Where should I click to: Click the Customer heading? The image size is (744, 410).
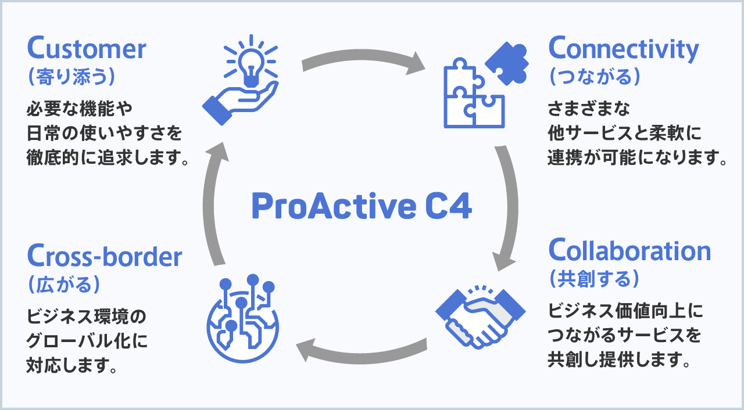[x=87, y=48]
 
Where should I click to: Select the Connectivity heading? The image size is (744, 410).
[x=624, y=49]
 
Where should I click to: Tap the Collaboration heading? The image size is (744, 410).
[x=629, y=250]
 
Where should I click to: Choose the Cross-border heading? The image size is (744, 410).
[x=105, y=256]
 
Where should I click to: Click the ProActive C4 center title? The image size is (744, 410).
[x=362, y=206]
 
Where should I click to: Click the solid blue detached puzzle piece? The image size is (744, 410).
[x=507, y=63]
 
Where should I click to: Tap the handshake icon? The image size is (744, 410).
[x=480, y=317]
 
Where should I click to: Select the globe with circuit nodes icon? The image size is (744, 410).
[x=243, y=318]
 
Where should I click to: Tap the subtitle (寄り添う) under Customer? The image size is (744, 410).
[x=71, y=77]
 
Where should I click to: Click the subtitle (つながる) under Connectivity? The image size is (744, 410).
[x=595, y=77]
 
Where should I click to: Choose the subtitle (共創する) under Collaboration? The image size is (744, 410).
[x=594, y=279]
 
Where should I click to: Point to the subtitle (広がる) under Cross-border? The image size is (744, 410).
[x=64, y=285]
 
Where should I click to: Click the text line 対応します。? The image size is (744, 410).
[x=71, y=365]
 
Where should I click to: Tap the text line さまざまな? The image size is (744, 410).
[x=589, y=109]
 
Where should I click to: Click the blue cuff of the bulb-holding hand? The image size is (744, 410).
[x=217, y=110]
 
